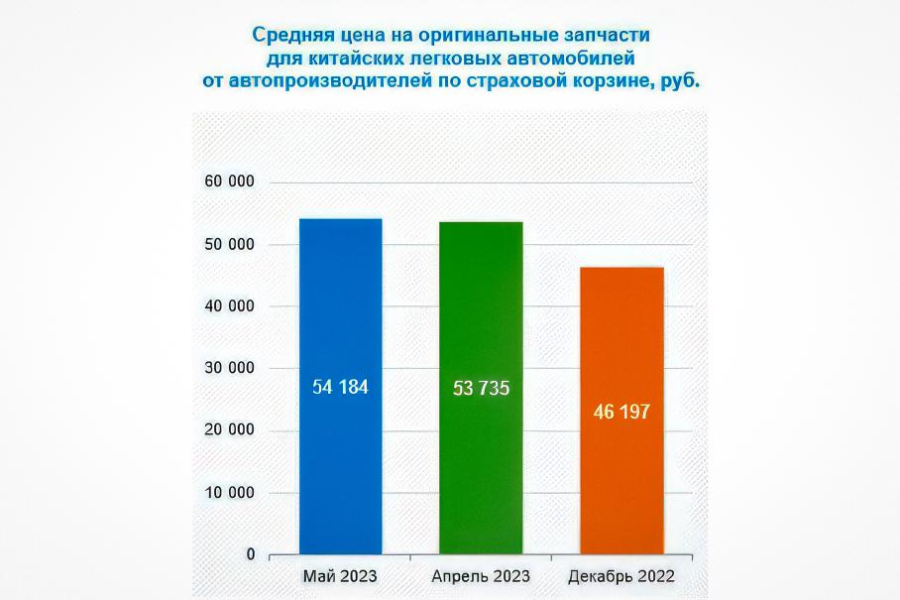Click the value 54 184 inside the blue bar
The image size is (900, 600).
click(340, 388)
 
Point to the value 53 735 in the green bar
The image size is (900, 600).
click(481, 389)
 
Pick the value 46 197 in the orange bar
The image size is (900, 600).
click(621, 412)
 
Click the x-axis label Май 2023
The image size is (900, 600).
click(340, 576)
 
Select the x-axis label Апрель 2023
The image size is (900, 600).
click(481, 576)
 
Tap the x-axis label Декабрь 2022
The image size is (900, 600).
click(621, 576)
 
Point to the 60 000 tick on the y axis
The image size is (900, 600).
click(229, 182)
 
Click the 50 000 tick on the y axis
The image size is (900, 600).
click(229, 245)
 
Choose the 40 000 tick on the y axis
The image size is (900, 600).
click(229, 306)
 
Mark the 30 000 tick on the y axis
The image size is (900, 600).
click(229, 368)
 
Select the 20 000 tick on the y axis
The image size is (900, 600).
click(229, 430)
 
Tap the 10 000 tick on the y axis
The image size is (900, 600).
click(229, 493)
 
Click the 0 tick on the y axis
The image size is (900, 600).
click(251, 554)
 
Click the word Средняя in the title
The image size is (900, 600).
click(289, 36)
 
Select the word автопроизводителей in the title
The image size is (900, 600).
click(329, 83)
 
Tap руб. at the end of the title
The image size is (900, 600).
click(680, 83)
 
